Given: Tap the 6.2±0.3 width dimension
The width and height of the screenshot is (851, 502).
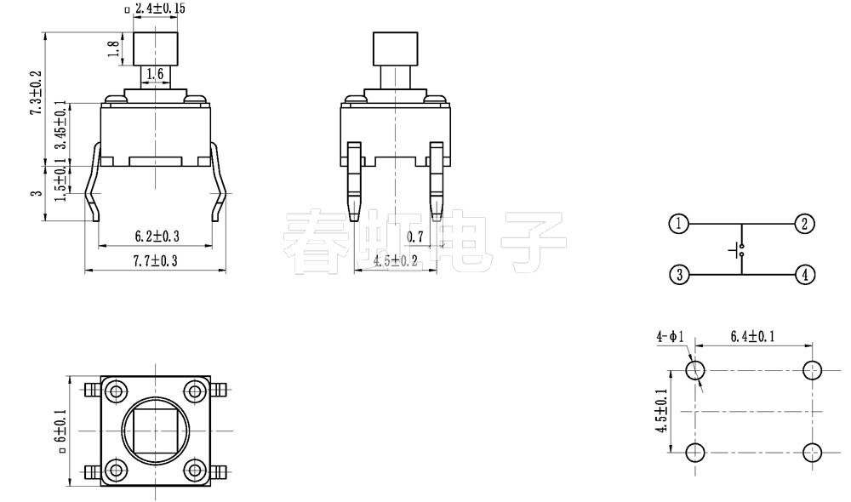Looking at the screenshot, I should (x=157, y=236).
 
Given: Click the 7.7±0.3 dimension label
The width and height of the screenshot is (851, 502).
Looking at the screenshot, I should (x=156, y=262).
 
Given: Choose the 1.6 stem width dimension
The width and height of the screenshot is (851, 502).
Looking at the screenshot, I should (x=155, y=75).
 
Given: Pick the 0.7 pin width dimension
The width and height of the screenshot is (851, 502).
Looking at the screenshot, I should (x=416, y=236).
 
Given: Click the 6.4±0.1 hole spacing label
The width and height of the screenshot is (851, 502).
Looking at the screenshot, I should (x=752, y=337).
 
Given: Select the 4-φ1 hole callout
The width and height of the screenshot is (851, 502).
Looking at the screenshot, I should (x=669, y=337).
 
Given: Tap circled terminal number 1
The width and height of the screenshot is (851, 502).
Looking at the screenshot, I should (x=678, y=225).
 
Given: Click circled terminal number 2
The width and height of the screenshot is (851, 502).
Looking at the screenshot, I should (x=804, y=225).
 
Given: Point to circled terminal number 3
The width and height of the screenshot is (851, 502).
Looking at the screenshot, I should (x=678, y=275).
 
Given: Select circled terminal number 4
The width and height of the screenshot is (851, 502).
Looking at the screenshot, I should (x=804, y=275).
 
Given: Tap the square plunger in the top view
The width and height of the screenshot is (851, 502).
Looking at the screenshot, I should (x=156, y=431).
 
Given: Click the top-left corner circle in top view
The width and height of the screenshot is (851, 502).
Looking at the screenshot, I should (x=115, y=391).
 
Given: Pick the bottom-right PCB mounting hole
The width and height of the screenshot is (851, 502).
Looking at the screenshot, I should (x=813, y=451).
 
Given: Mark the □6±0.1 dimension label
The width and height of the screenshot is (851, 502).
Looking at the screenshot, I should (x=60, y=431).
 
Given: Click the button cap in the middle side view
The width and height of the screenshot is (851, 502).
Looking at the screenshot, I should (x=396, y=48).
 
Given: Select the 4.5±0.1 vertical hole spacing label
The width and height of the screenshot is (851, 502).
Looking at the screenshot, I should (x=660, y=411).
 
